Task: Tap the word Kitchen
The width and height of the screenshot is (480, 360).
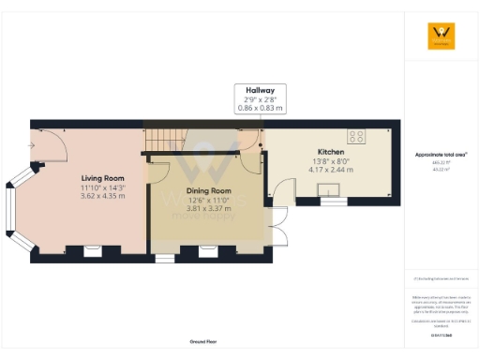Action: point(330,152)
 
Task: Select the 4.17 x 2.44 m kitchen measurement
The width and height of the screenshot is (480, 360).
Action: point(330,170)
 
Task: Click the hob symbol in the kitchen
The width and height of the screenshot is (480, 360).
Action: point(356,133)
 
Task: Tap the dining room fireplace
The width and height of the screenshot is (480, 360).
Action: point(209,250)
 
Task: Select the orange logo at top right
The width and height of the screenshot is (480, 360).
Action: point(441,36)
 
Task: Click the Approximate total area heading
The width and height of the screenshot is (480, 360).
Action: point(441,154)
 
